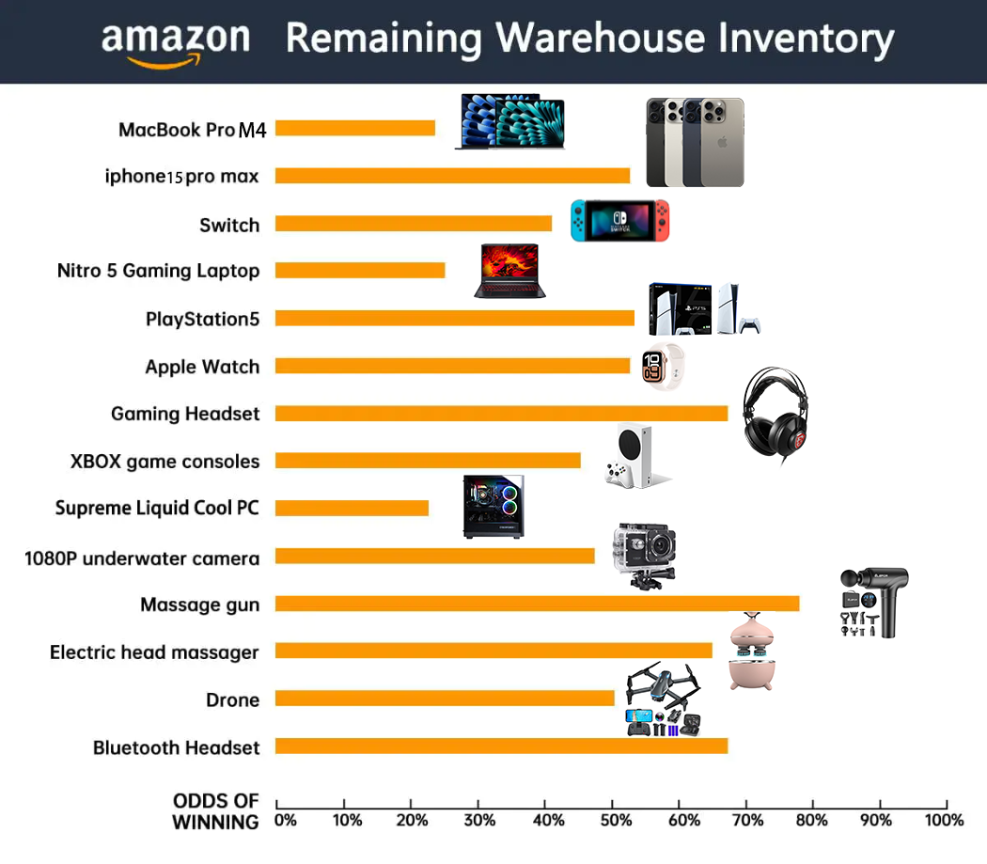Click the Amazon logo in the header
coord(176,42)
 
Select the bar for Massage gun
coord(537,604)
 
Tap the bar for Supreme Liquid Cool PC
coord(352,508)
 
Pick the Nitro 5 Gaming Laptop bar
coord(360,271)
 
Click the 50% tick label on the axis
coord(612,820)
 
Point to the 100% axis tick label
coord(944,820)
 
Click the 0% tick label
coord(285,820)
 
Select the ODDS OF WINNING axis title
coord(215,811)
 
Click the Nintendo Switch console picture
coord(620,220)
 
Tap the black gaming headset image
coord(775,413)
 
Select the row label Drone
coord(232,699)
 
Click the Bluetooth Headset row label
coord(176,747)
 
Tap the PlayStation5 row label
coord(202,319)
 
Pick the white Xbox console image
coord(634,457)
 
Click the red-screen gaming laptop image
coord(509,270)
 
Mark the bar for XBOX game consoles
coord(428,461)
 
